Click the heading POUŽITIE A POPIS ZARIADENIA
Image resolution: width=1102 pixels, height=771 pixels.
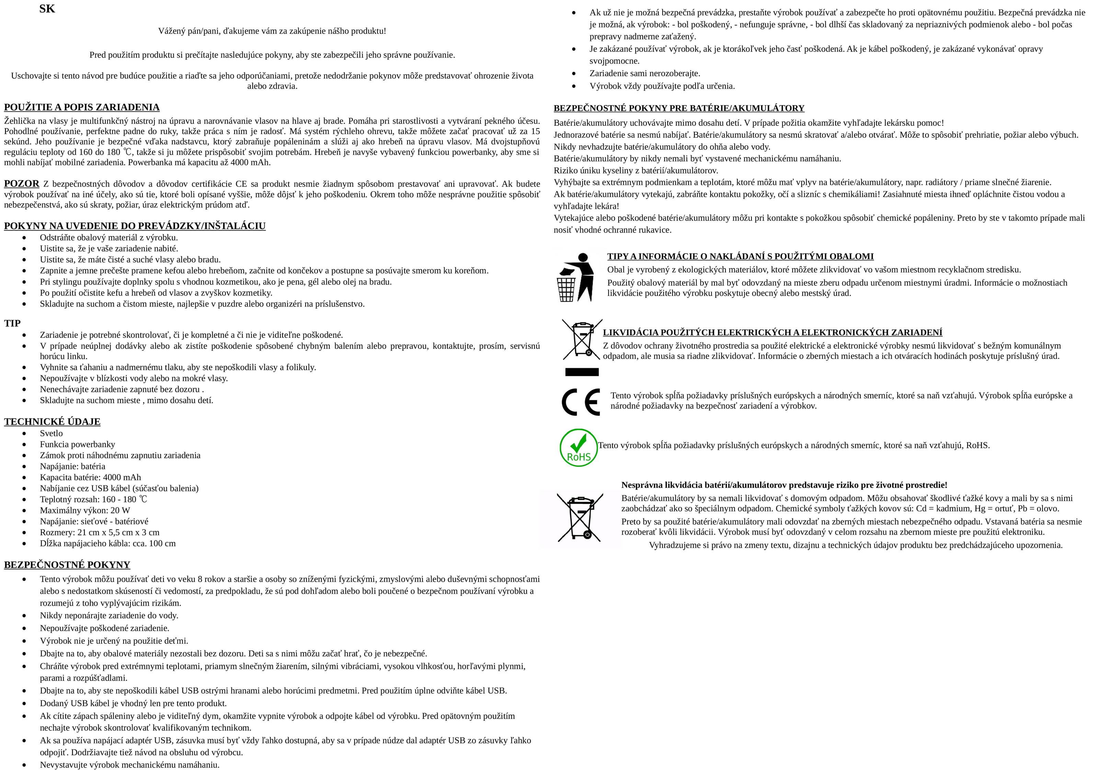point(82,107)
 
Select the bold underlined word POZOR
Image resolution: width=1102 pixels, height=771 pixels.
point(22,183)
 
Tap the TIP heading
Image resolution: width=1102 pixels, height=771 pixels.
point(12,323)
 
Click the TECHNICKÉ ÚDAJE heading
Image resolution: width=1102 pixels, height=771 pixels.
point(52,422)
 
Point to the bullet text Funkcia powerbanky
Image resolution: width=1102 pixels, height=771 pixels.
point(77,444)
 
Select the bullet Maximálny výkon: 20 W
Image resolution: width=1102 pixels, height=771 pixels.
point(84,510)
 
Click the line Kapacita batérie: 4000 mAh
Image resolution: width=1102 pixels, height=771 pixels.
point(90,477)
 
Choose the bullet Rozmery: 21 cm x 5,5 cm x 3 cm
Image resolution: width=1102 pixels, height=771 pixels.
point(99,532)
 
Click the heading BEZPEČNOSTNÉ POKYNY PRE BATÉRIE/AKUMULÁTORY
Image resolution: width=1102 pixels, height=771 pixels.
point(679,109)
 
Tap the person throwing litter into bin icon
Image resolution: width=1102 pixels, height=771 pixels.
point(575,277)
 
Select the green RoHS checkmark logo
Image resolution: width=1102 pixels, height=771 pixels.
point(578,448)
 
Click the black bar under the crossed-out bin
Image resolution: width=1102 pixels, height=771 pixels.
point(582,372)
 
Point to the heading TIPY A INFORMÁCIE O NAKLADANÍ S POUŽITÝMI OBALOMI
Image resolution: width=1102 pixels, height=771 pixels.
point(740,257)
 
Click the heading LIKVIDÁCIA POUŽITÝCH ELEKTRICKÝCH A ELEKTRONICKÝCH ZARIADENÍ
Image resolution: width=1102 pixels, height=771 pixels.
point(772,333)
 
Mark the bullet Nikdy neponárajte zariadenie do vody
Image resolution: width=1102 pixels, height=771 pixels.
point(109,615)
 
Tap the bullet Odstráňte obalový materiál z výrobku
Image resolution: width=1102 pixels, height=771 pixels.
point(108,237)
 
